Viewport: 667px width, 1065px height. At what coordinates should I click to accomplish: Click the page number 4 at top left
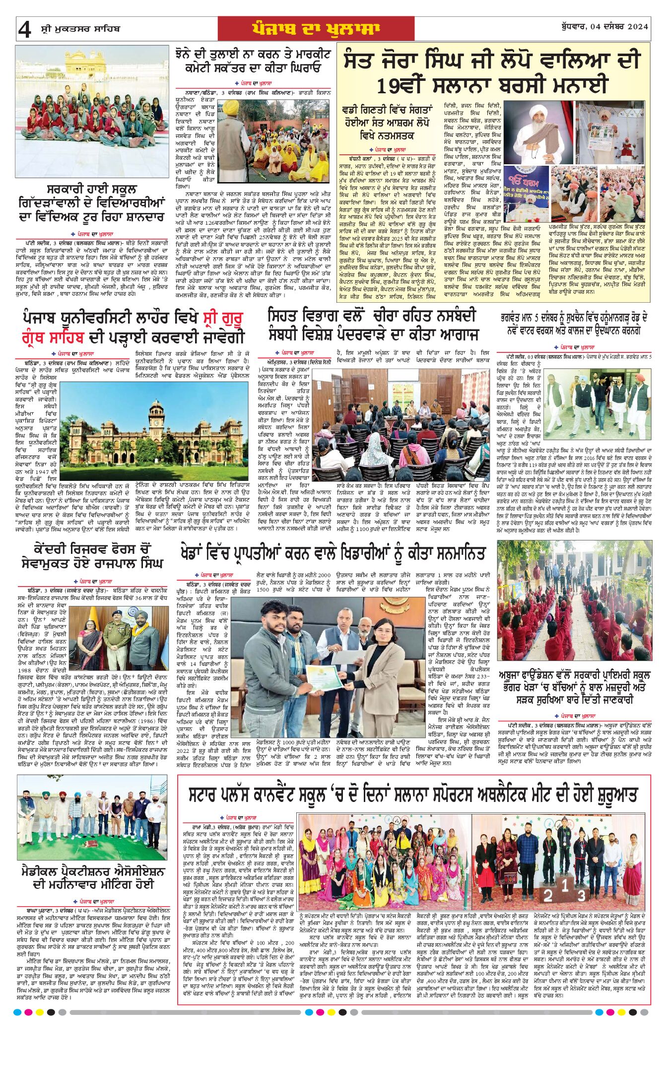click(x=24, y=30)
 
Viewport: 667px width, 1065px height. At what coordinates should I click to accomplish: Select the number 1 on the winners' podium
click(x=565, y=884)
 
